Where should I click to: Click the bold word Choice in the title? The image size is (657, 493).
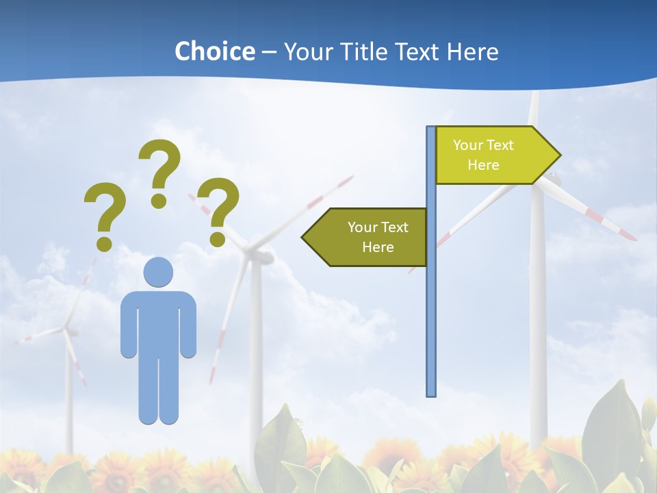[x=214, y=51]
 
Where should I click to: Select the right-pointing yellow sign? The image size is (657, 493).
[x=493, y=155]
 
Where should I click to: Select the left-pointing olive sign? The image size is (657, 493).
[x=370, y=237]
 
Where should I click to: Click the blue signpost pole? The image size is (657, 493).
[x=431, y=308]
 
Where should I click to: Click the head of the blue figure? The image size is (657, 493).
[x=158, y=272]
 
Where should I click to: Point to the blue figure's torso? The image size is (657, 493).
[x=158, y=322]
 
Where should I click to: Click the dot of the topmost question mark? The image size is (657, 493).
[x=159, y=201]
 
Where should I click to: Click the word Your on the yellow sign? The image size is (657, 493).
[x=468, y=145]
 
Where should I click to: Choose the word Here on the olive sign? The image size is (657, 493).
[x=378, y=247]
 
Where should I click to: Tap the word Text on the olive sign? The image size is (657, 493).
[x=394, y=227]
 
